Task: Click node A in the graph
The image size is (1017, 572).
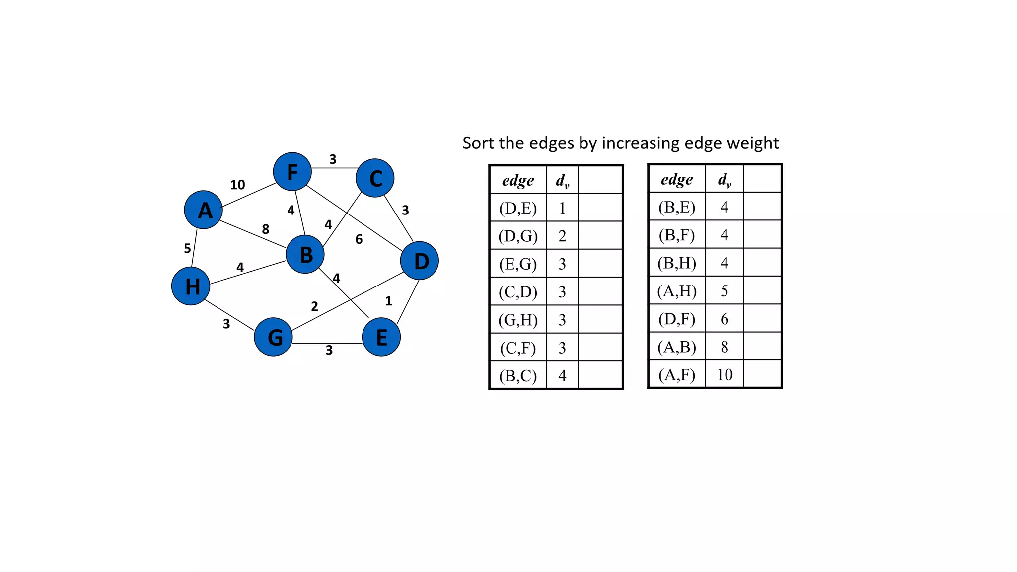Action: (203, 210)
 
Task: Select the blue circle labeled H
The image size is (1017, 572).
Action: (191, 286)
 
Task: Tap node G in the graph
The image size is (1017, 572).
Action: (273, 337)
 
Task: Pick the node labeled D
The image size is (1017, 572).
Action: (420, 261)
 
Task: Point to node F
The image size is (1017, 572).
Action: (292, 172)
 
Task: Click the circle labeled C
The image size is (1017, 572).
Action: (375, 178)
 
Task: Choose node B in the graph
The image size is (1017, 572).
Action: (305, 254)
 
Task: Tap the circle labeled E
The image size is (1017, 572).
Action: (381, 337)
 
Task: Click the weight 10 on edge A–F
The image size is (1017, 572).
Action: (237, 185)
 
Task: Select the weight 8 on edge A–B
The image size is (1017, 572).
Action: (266, 229)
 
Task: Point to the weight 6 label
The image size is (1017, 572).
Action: (359, 239)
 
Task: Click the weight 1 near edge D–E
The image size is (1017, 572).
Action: (389, 301)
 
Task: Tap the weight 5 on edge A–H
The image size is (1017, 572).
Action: (187, 248)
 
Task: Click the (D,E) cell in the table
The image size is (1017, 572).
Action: (518, 208)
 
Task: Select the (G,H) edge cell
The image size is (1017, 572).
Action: (518, 320)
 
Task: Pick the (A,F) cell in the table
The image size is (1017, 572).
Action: (677, 374)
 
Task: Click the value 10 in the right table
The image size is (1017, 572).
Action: (725, 374)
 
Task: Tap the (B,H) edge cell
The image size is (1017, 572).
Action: (677, 263)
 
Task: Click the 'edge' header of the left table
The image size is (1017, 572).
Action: (518, 180)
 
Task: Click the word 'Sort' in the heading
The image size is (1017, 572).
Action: (479, 143)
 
